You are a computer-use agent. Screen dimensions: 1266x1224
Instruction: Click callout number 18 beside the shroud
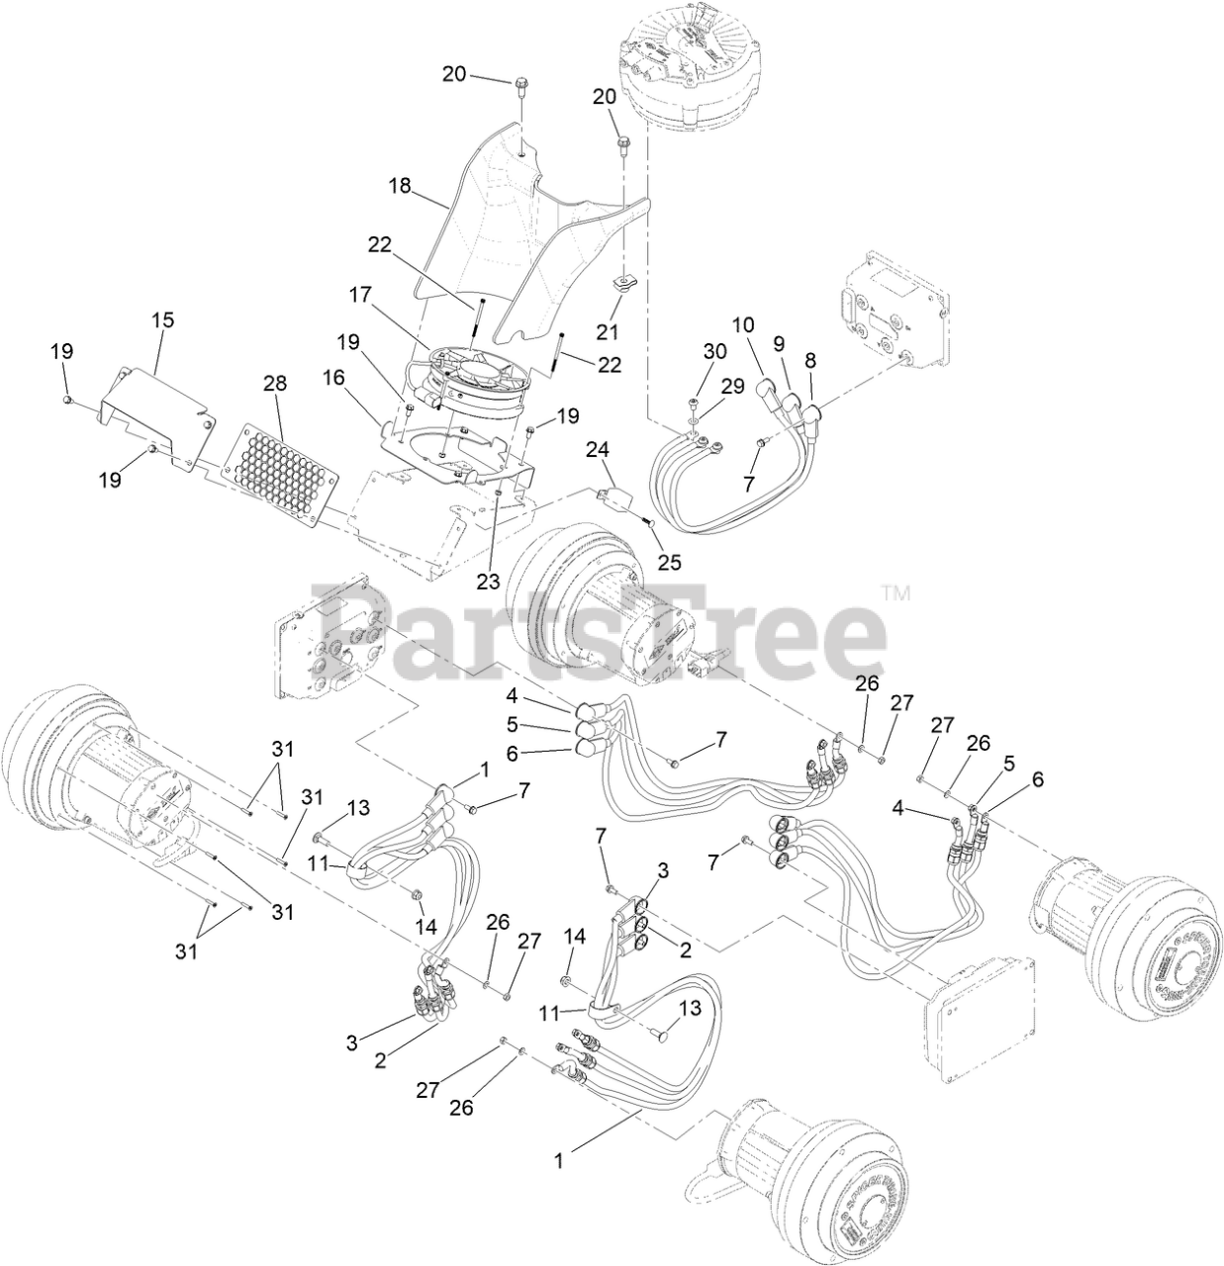(x=401, y=184)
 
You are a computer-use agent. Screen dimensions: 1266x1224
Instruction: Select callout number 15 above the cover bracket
(x=161, y=320)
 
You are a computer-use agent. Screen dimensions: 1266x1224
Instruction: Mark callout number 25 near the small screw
(x=670, y=563)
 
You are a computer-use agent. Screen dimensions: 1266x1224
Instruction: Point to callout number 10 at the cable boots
(x=743, y=324)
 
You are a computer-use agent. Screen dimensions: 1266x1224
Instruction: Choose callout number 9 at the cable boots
(x=779, y=343)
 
